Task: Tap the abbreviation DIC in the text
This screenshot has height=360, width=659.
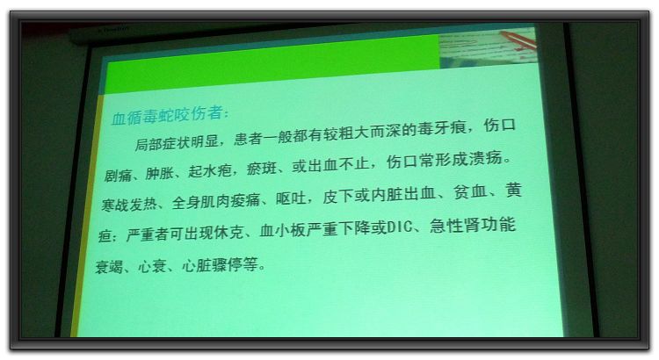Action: point(399,227)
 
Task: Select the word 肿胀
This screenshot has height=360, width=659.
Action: point(159,173)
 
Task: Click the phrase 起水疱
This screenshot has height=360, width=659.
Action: point(210,170)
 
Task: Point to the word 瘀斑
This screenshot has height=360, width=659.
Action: point(262,169)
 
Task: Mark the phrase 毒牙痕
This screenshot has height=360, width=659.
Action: point(441,128)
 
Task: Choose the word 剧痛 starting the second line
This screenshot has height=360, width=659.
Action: point(118,175)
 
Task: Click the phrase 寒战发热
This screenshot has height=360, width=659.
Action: point(129,205)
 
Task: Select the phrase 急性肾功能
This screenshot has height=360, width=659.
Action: point(473,225)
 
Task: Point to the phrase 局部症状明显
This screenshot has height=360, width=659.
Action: point(177,142)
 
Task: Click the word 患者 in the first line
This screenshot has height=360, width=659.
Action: point(249,138)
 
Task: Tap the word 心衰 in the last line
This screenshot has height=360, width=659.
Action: point(152,267)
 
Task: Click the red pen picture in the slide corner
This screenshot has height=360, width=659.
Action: point(518,39)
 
